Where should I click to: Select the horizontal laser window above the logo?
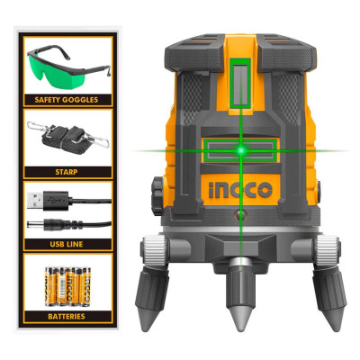[x=236, y=149]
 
